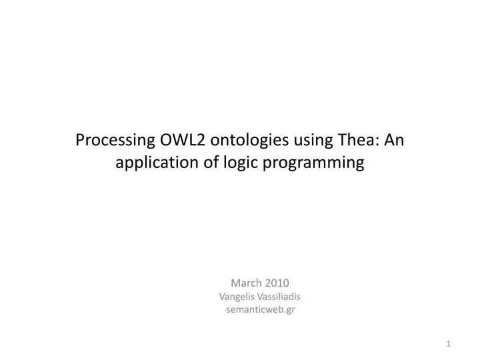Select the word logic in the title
(x=237, y=163)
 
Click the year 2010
(x=276, y=282)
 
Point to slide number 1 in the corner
(x=449, y=343)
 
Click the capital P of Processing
(x=81, y=141)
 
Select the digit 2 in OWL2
(x=197, y=141)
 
